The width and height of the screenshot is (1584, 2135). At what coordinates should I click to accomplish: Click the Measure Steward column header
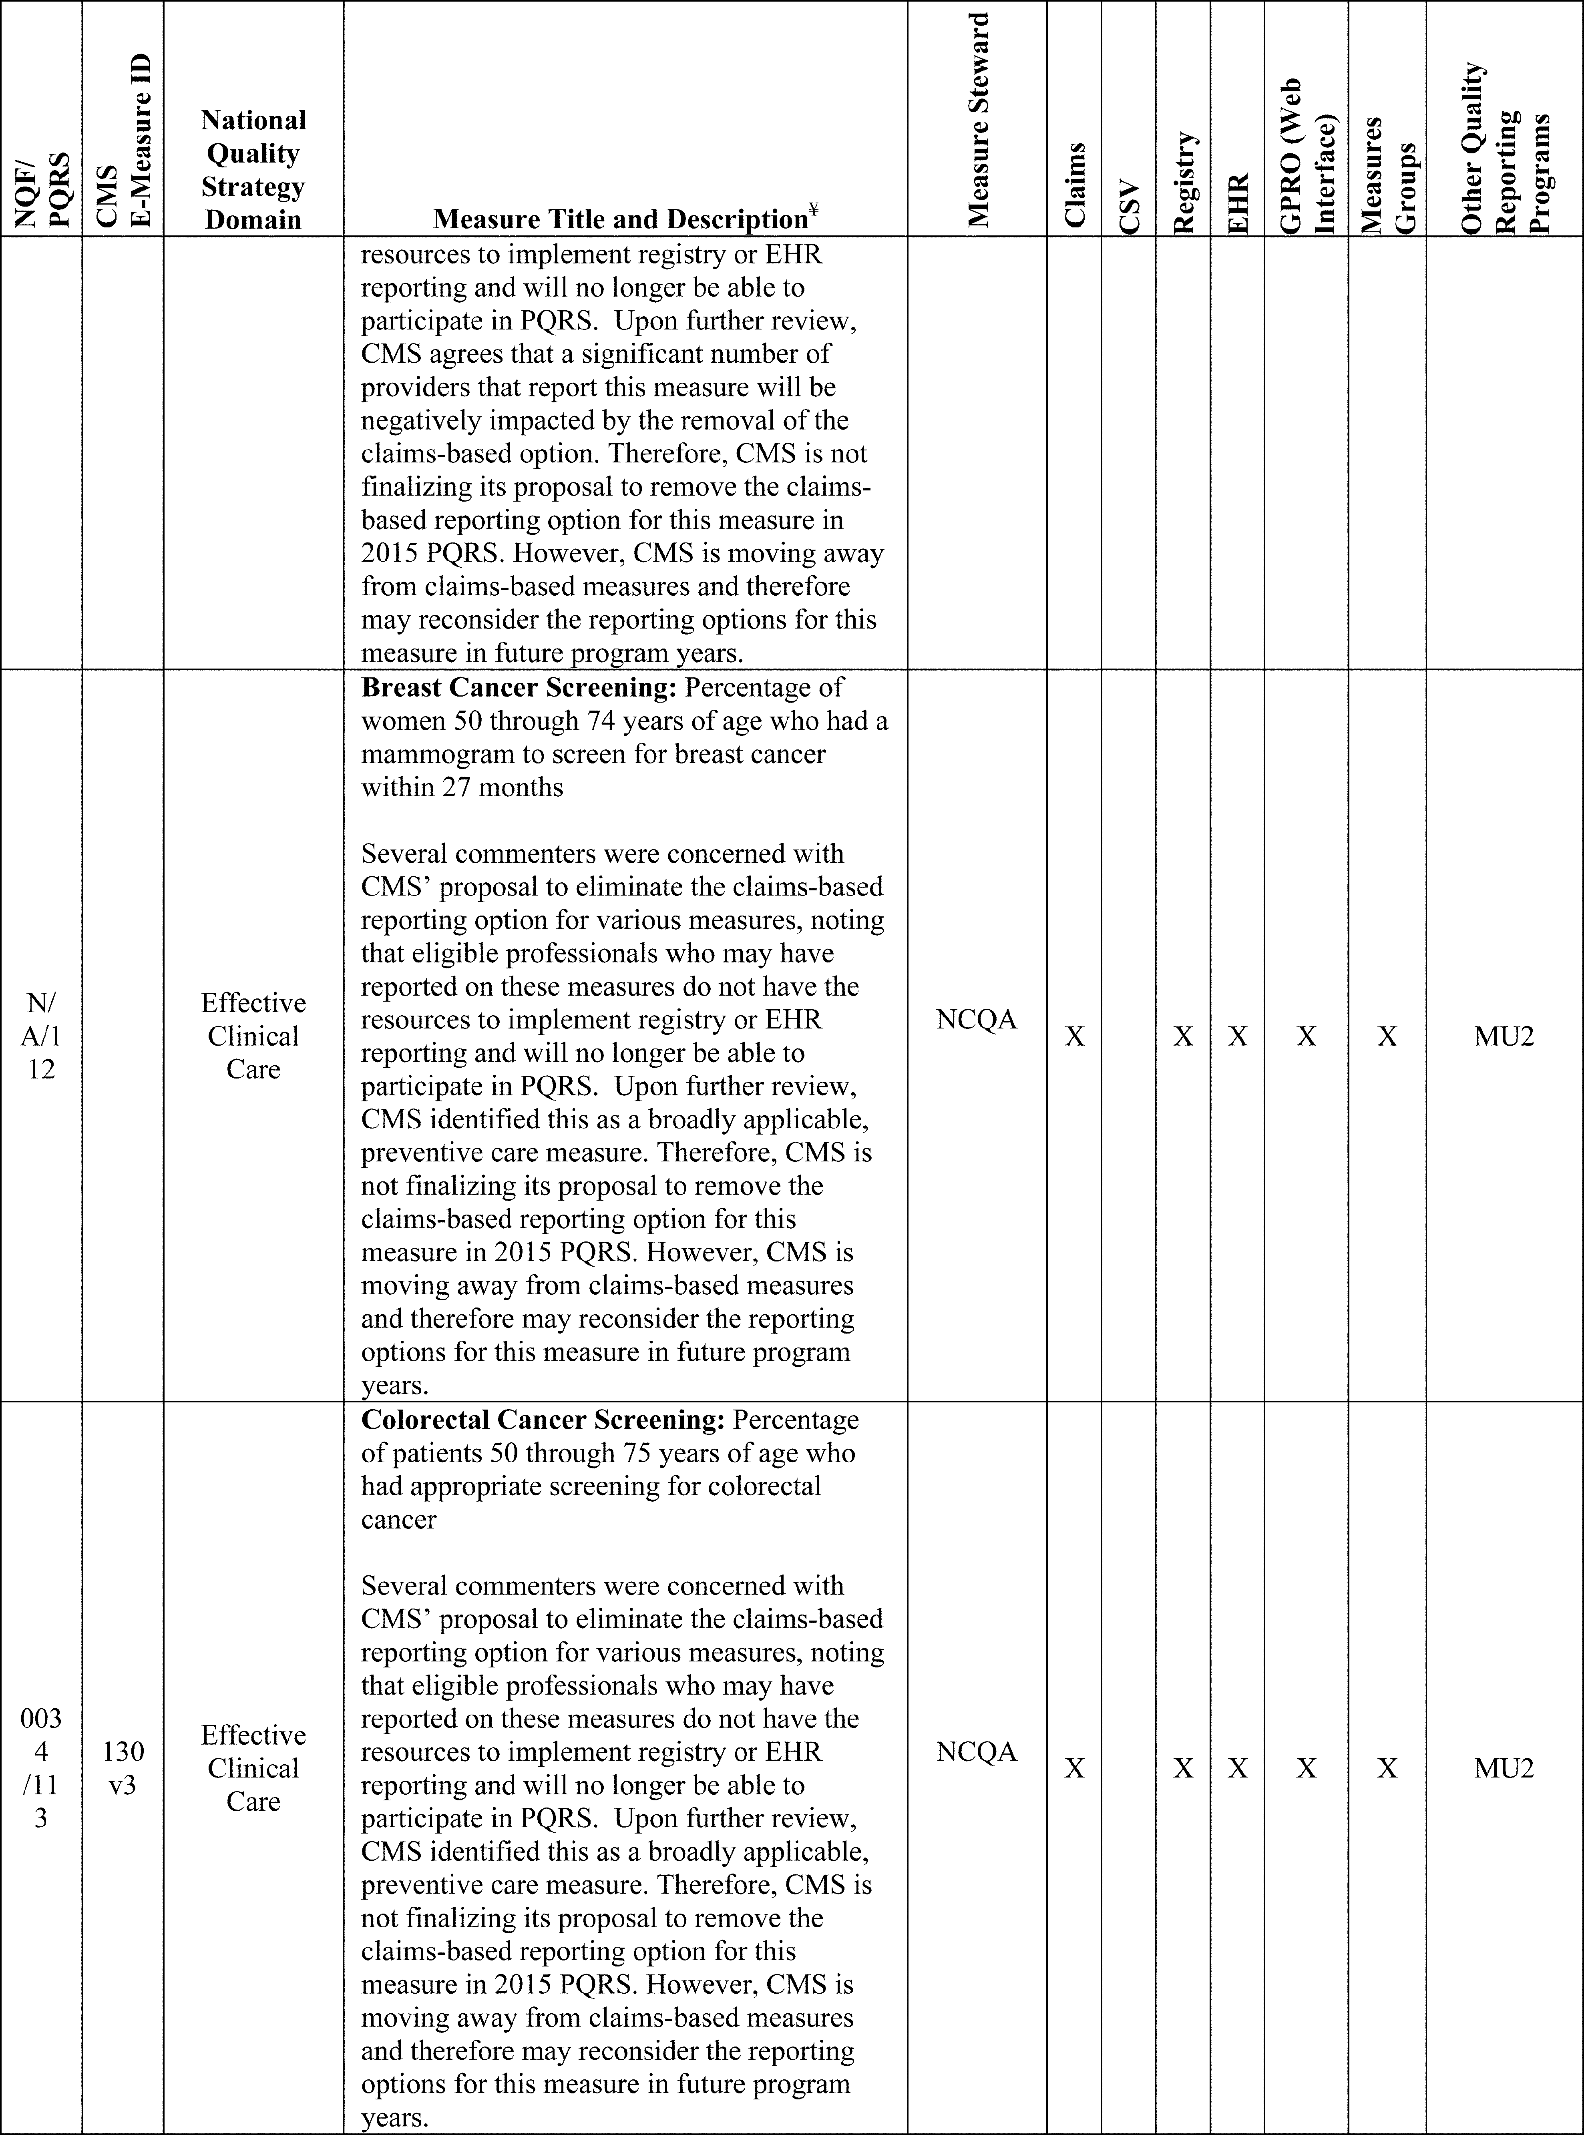(x=977, y=120)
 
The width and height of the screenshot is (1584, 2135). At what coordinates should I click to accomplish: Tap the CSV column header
(x=1129, y=206)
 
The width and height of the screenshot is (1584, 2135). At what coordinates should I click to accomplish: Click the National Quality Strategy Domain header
(x=253, y=170)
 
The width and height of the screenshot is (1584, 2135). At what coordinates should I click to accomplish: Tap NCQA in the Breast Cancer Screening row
(x=976, y=1019)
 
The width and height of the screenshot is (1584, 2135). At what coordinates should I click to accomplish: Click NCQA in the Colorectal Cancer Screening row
(x=976, y=1751)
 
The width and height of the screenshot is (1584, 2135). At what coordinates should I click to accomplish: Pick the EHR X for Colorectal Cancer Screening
(x=1238, y=1769)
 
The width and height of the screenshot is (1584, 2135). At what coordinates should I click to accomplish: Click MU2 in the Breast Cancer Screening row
(x=1504, y=1036)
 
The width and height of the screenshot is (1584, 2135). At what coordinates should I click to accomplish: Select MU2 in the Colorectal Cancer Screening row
(x=1504, y=1769)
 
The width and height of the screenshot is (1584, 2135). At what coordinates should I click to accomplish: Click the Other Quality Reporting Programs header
(x=1504, y=149)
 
